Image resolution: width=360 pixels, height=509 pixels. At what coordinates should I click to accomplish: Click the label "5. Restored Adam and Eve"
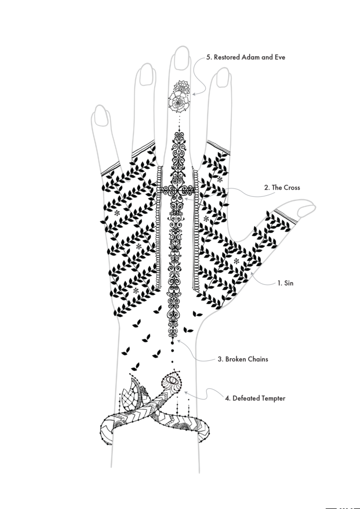pyautogui.click(x=246, y=57)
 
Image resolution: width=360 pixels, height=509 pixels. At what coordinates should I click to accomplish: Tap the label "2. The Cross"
pyautogui.click(x=282, y=187)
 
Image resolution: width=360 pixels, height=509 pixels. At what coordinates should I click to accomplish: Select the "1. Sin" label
pyautogui.click(x=285, y=283)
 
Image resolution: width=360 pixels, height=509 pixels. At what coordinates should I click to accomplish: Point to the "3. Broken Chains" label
pyautogui.click(x=243, y=359)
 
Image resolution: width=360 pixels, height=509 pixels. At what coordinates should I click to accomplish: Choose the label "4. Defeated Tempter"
pyautogui.click(x=255, y=398)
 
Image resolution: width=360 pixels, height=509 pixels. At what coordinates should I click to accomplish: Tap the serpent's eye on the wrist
pyautogui.click(x=172, y=379)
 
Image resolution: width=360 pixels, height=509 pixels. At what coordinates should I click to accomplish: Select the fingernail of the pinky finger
pyautogui.click(x=101, y=115)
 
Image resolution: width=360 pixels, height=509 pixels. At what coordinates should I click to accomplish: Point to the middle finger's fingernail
pyautogui.click(x=182, y=59)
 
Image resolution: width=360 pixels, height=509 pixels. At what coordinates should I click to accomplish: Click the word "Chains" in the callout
pyautogui.click(x=258, y=359)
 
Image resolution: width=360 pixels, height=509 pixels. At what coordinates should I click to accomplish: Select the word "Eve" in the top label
pyautogui.click(x=280, y=57)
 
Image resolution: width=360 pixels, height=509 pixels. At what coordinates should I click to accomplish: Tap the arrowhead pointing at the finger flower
pyautogui.click(x=193, y=94)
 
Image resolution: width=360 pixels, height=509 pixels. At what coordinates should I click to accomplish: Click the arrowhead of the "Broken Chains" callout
pyautogui.click(x=179, y=341)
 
